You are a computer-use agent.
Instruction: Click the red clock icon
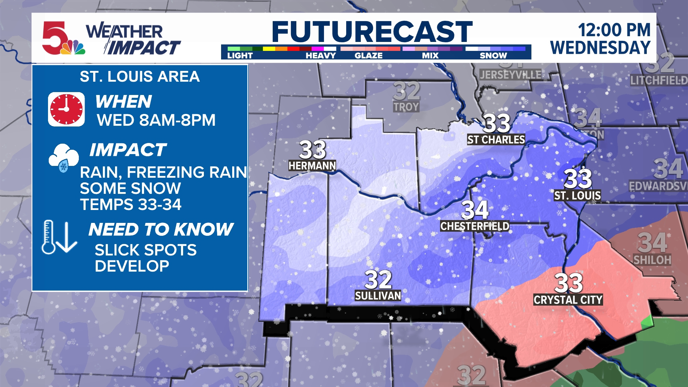[66, 109]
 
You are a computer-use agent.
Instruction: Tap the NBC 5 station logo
[63, 38]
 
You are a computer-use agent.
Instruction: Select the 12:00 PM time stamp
[614, 30]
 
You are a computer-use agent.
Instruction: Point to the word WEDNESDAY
[600, 48]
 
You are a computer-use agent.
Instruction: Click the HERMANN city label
[312, 166]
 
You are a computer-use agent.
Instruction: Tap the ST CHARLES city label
[496, 140]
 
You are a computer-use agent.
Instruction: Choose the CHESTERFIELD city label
[474, 226]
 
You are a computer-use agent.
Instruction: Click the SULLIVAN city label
[378, 296]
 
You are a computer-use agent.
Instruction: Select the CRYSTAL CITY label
[568, 300]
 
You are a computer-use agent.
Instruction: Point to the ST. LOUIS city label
[577, 195]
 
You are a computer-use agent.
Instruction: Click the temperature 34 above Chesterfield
[475, 210]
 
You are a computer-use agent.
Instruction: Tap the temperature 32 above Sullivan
[378, 279]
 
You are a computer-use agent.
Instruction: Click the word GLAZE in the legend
[368, 56]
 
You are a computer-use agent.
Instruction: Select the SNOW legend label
[493, 56]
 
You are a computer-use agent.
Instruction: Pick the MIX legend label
[430, 56]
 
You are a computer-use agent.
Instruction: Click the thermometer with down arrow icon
[59, 237]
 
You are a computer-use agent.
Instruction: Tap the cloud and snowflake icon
[64, 158]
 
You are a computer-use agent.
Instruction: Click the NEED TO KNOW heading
[161, 229]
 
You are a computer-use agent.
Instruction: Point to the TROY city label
[406, 107]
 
